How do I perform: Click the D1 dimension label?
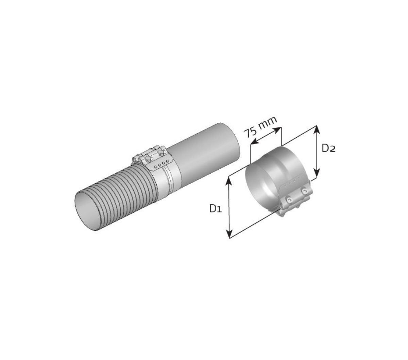216,208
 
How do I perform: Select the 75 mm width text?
260,127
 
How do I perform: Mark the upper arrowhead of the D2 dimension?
317,130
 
